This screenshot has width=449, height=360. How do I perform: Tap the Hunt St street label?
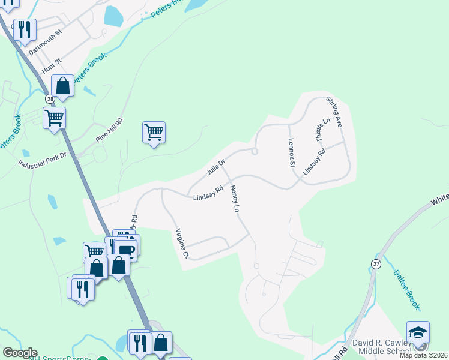click(x=51, y=66)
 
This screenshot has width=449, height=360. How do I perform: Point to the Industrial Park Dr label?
click(x=42, y=159)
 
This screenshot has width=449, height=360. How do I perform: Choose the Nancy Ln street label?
click(x=235, y=200)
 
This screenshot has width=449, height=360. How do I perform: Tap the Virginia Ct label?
click(x=182, y=244)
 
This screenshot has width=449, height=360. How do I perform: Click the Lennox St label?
click(x=292, y=155)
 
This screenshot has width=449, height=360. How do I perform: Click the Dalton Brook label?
click(x=406, y=289)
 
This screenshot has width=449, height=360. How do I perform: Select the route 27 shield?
click(x=376, y=264)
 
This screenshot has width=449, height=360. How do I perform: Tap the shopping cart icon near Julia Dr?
click(x=154, y=132)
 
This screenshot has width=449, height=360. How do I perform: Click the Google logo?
click(x=20, y=353)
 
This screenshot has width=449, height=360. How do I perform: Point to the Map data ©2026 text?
click(x=423, y=355)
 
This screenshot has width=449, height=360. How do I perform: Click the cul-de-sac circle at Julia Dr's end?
click(x=255, y=152)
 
